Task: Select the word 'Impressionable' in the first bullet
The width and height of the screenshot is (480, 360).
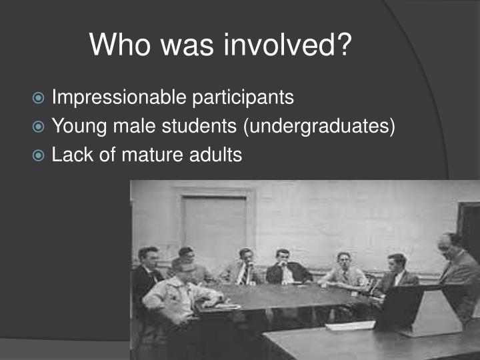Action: click(x=119, y=97)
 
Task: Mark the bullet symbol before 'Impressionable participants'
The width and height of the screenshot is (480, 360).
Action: click(x=40, y=98)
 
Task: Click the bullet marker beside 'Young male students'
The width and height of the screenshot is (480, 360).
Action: click(x=40, y=127)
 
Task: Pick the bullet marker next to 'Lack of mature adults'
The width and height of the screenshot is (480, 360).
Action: click(x=40, y=156)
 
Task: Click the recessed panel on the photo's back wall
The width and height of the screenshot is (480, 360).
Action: click(x=214, y=227)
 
